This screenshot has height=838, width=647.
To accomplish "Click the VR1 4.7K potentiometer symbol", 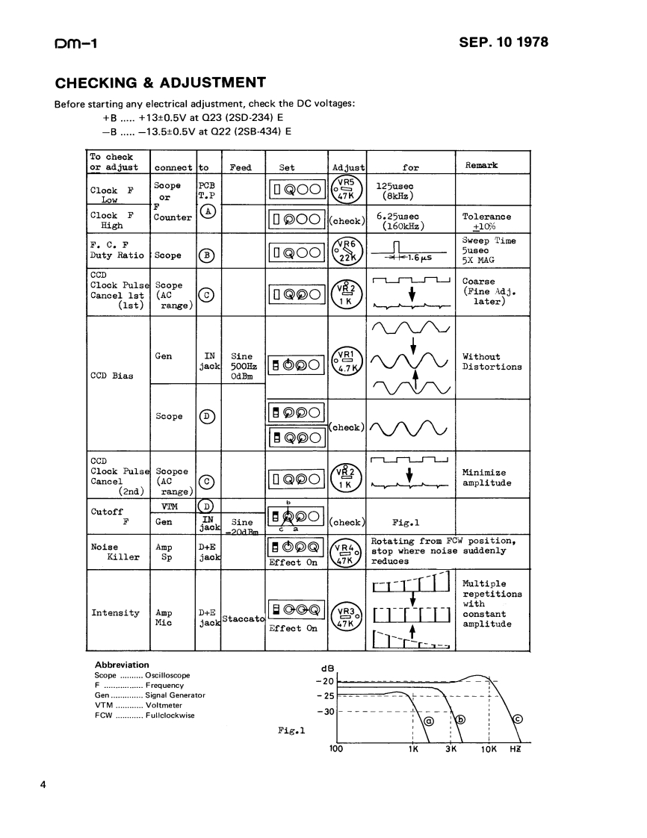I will point(345,361).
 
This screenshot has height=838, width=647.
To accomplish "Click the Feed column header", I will point(241,168).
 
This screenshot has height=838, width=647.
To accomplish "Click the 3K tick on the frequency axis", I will point(451,749).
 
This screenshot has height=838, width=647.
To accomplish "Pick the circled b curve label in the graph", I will point(460,719).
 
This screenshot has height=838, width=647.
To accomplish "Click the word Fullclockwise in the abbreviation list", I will point(170,715).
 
